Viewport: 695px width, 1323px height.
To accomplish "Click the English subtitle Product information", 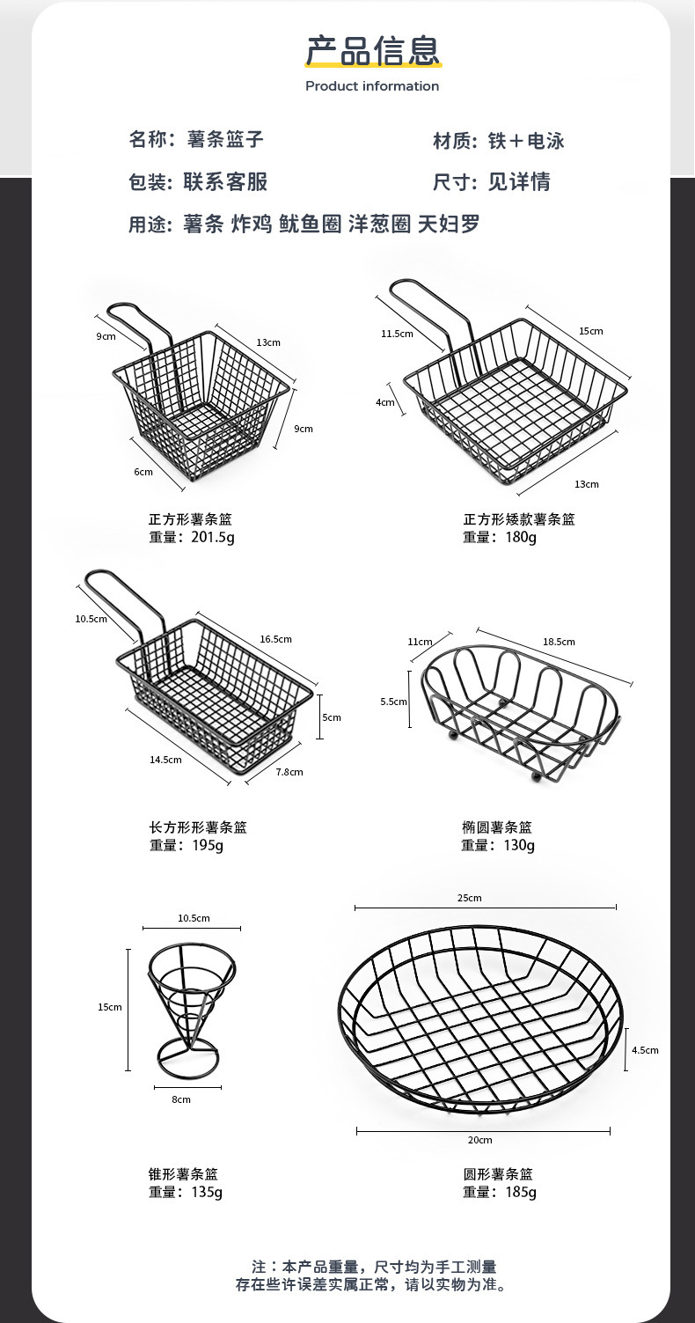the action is point(372,86).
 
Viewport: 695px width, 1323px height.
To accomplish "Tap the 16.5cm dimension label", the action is point(276,639).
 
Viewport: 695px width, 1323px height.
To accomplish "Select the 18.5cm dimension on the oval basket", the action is point(559,642).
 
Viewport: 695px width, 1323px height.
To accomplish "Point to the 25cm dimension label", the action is point(469,898).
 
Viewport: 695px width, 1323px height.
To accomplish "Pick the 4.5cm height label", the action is point(645,1050).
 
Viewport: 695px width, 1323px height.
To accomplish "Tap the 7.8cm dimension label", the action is point(289,772).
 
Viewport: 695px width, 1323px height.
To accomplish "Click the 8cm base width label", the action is point(181,1099).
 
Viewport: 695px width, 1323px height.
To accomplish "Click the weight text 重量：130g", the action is point(498,845).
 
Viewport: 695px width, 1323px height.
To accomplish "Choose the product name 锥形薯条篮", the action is point(183,1174).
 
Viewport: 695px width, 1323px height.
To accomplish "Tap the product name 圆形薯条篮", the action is point(498,1174).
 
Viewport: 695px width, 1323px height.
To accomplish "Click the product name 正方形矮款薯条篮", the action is point(519,519).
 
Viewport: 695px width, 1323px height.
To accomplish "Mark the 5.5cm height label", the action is point(393,702).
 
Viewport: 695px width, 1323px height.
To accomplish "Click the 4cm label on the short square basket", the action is point(384,402).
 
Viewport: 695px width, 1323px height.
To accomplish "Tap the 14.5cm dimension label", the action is point(165,760).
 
